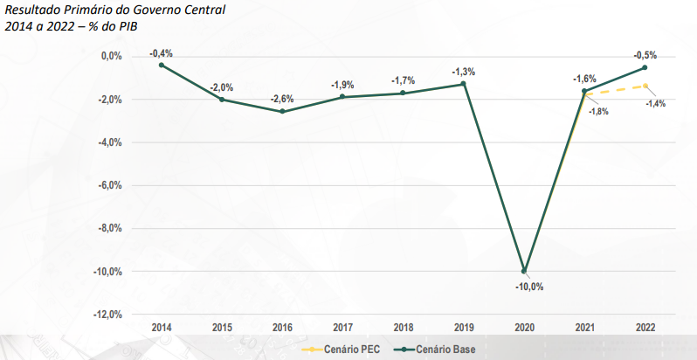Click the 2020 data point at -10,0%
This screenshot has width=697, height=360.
click(x=524, y=271)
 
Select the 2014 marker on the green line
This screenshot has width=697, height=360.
click(x=162, y=65)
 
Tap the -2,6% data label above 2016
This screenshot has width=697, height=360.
click(x=282, y=99)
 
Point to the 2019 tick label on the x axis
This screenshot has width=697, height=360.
click(x=464, y=327)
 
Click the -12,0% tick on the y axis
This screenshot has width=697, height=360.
click(x=108, y=315)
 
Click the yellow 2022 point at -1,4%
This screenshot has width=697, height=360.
click(x=645, y=86)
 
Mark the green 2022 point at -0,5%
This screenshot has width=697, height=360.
click(x=645, y=67)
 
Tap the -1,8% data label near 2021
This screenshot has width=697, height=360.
click(x=598, y=111)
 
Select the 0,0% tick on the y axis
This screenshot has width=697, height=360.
click(x=111, y=56)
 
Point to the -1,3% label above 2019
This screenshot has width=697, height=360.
click(x=463, y=72)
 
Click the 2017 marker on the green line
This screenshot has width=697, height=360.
click(x=342, y=97)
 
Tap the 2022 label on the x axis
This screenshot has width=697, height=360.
click(x=645, y=327)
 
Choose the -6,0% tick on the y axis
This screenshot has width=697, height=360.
click(x=110, y=185)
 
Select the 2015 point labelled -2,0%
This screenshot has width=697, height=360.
click(x=222, y=100)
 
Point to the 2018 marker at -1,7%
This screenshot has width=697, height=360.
click(x=403, y=93)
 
